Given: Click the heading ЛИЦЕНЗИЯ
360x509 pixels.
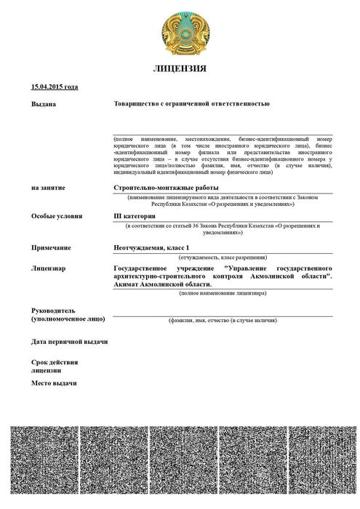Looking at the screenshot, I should [180, 69].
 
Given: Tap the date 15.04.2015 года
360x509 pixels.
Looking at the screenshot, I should [55, 87].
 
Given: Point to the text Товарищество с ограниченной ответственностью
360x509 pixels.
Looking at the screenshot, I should [192, 104].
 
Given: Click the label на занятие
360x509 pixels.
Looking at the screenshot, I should [49, 188].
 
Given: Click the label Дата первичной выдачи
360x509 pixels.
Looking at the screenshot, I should [69, 342].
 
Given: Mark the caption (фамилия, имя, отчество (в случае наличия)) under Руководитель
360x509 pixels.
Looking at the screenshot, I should [223, 320].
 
